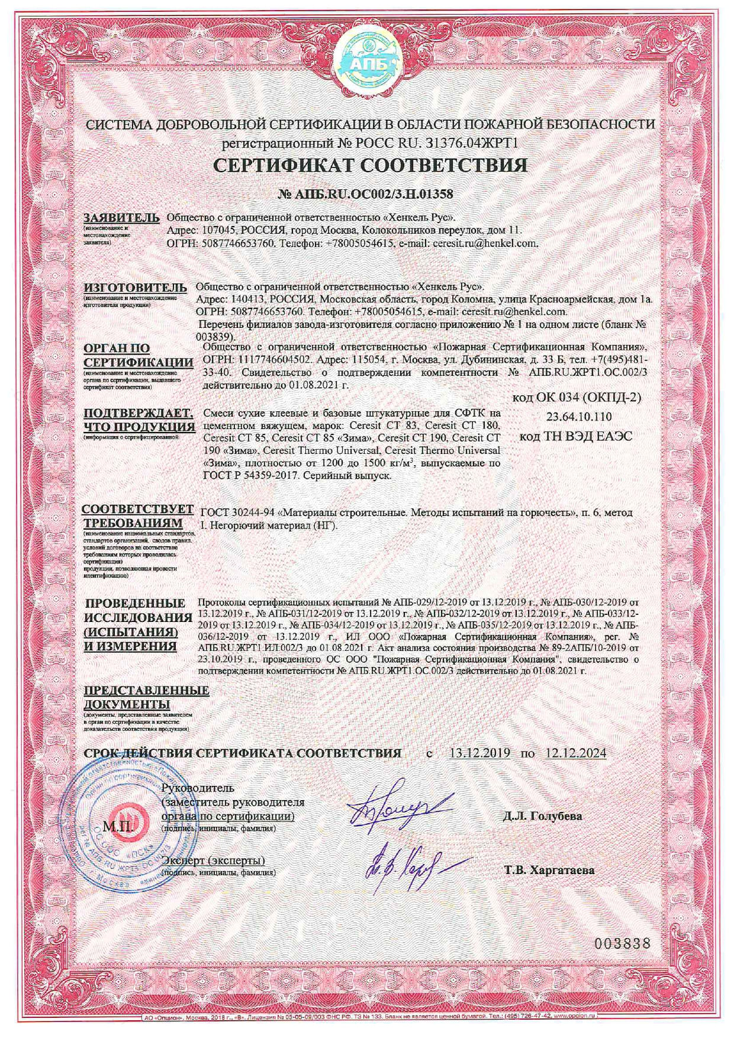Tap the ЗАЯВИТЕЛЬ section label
click(x=121, y=217)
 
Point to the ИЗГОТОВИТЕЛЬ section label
click(x=135, y=288)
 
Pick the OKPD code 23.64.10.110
click(x=579, y=417)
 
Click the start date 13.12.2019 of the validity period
click(x=479, y=753)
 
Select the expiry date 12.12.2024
click(x=575, y=753)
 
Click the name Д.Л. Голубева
click(x=542, y=816)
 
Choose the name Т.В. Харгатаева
click(x=549, y=870)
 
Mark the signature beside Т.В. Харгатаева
click(x=403, y=864)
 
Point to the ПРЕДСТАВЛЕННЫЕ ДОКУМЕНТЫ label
click(x=146, y=697)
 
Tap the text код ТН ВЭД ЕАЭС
click(x=575, y=437)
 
